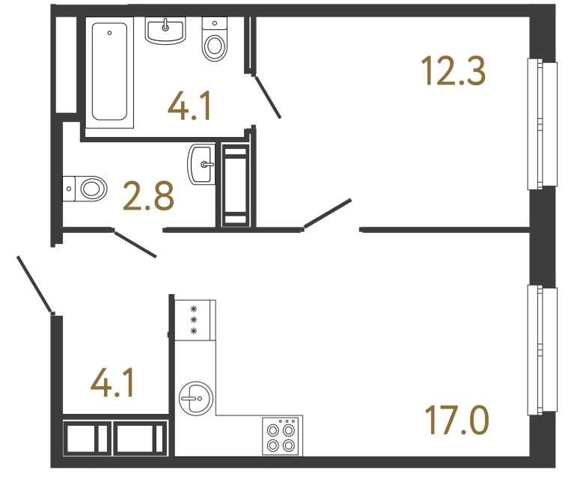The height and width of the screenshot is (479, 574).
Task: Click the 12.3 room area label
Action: click(x=454, y=73)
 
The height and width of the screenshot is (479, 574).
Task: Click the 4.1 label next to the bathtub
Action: click(x=190, y=106)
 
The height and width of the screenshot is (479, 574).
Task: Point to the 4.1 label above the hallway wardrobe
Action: click(x=112, y=384)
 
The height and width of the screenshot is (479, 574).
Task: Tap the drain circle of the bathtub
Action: click(x=110, y=33)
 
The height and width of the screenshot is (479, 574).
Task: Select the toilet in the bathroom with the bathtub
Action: click(x=216, y=41)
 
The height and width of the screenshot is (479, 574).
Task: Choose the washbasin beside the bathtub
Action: click(x=165, y=31)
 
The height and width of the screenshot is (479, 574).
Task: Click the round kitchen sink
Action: click(x=195, y=398)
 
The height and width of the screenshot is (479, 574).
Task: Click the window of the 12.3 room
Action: click(x=543, y=124)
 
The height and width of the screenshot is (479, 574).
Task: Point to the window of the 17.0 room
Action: click(x=543, y=349)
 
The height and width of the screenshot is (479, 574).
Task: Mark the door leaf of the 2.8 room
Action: click(x=135, y=244)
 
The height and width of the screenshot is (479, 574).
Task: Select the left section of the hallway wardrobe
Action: click(x=87, y=438)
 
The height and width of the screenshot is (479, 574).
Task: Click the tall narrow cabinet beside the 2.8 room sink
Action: click(x=236, y=185)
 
